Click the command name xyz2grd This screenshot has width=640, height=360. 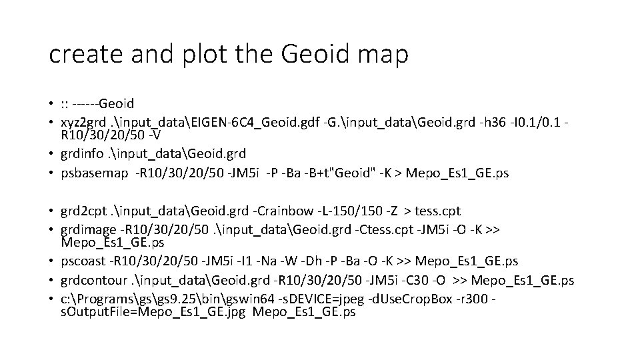83,121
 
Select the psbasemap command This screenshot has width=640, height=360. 94,173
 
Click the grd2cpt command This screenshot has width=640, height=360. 84,211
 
